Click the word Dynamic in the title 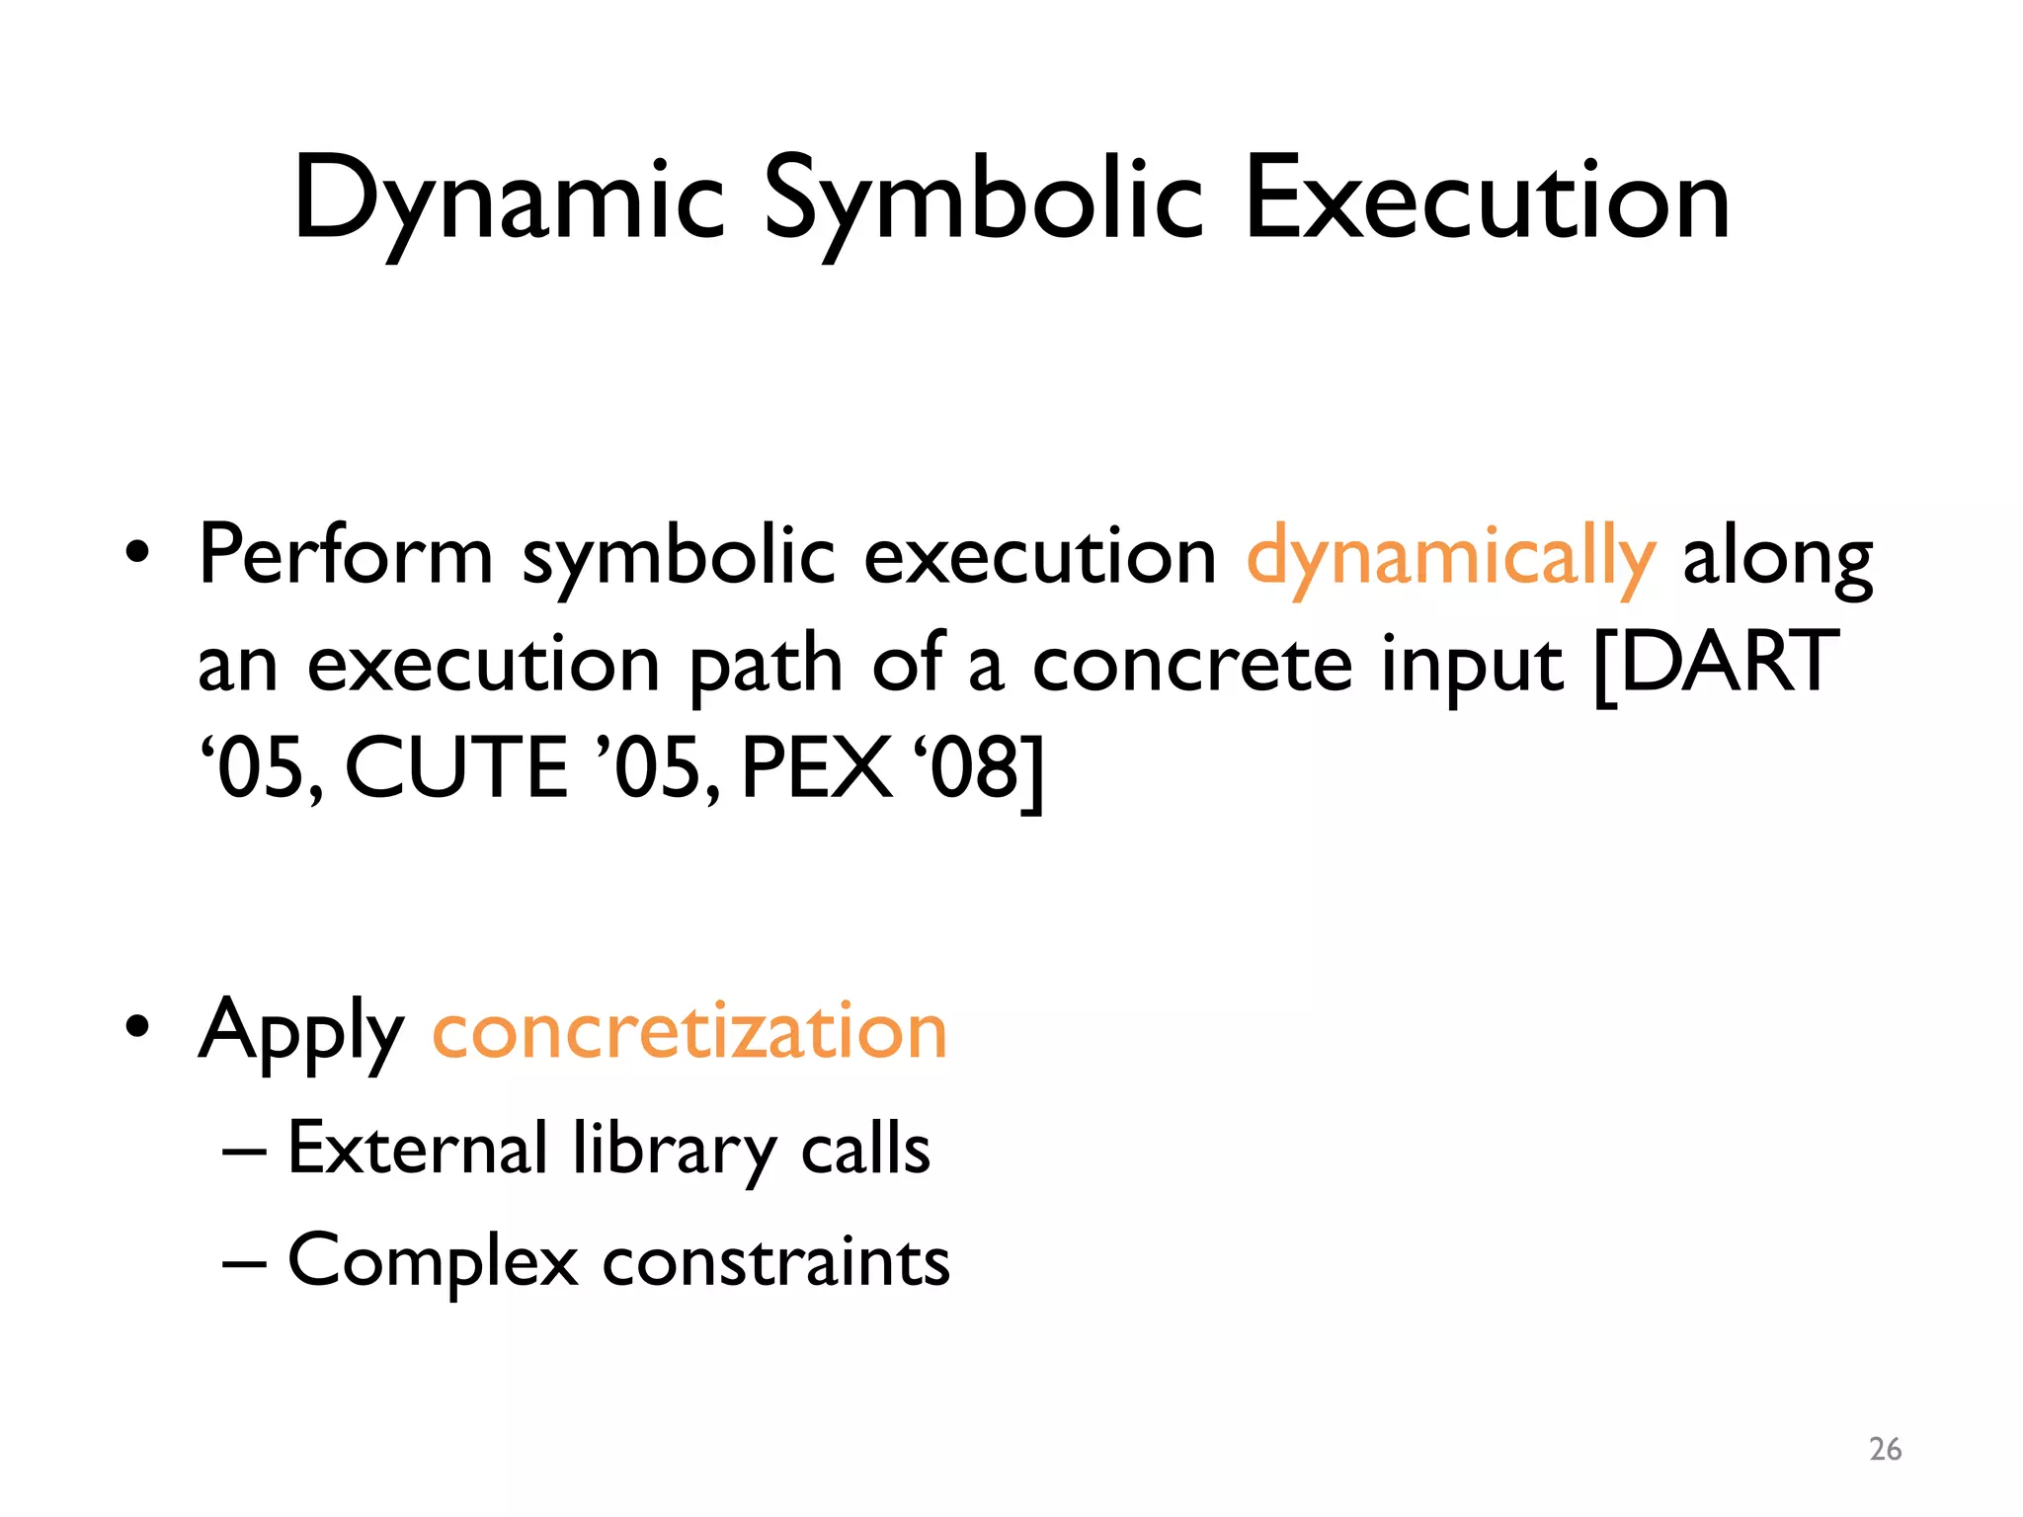pos(509,200)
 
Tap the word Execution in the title pos(1487,200)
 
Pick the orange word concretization pos(689,1031)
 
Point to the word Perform pos(346,555)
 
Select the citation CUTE pos(456,769)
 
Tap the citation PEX pos(814,769)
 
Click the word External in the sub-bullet pos(417,1149)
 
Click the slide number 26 pos(1885,1450)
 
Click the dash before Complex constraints pos(243,1263)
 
